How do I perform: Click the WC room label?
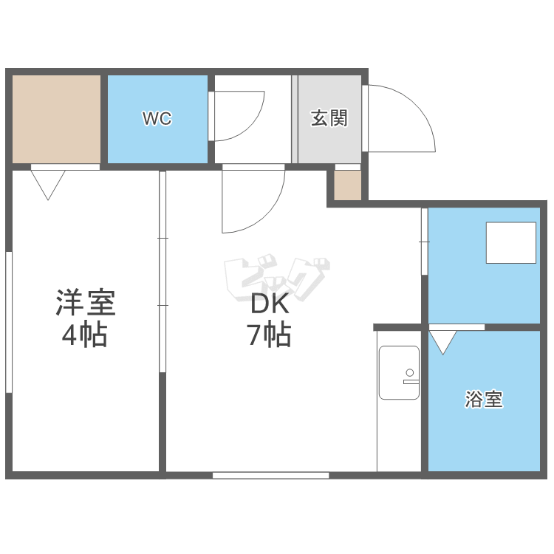point(157,118)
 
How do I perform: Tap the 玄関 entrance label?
point(329,118)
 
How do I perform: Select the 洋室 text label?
point(86,302)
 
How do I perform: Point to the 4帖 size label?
point(85,334)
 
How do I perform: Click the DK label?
point(270,304)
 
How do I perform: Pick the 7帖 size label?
point(269,334)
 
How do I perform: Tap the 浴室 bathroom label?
point(484,399)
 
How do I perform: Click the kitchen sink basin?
point(399,373)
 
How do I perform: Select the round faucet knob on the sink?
point(410,372)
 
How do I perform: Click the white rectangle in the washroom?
point(511,243)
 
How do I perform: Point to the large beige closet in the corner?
point(57,119)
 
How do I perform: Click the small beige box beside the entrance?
point(348,185)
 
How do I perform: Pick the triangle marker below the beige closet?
point(48,185)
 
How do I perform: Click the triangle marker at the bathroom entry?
point(442,342)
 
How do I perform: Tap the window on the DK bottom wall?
point(270,476)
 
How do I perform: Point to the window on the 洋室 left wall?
point(9,322)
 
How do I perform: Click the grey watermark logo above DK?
point(277,279)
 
